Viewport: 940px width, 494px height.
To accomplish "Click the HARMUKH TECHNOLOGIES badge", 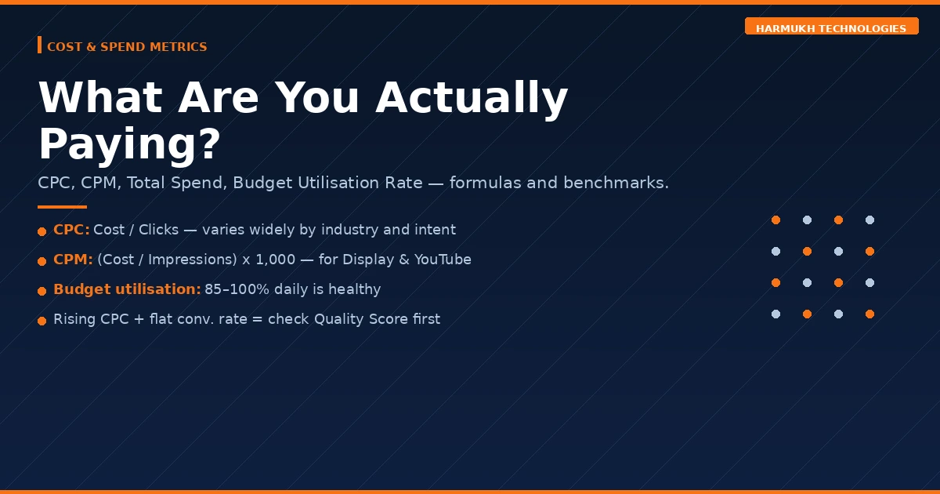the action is coord(831,26).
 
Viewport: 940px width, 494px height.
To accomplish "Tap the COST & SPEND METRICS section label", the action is coord(127,46).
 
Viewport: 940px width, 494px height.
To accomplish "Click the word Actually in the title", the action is coord(472,97).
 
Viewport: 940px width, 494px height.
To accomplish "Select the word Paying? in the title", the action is coord(129,144).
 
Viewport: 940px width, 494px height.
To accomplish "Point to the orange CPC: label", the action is coord(71,230).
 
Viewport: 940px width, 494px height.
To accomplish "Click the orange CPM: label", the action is coord(73,260).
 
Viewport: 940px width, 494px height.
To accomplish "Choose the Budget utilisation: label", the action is coord(127,289).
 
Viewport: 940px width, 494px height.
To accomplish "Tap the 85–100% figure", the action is coord(237,289).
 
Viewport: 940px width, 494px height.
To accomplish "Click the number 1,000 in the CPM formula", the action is coord(275,260).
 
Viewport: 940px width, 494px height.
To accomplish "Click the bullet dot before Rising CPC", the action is coord(42,321).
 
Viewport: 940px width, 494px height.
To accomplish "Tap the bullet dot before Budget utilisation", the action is coord(42,291).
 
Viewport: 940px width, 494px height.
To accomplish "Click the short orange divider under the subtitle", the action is coord(62,207).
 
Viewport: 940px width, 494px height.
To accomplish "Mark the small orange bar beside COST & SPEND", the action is coord(39,45).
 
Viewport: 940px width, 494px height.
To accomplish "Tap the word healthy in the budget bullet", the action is coord(355,289).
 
